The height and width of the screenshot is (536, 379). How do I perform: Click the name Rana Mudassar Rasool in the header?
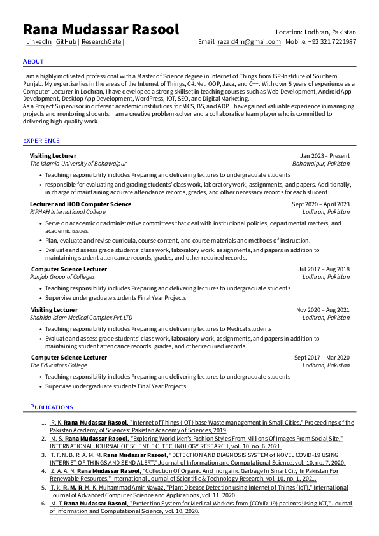point(101,29)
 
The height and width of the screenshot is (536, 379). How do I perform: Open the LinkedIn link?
point(39,42)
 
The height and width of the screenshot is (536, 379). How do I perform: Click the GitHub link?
point(66,42)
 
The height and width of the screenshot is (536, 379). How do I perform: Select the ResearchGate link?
point(101,42)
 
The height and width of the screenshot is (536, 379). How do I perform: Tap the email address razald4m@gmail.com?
point(249,42)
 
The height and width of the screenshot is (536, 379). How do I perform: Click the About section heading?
point(33,61)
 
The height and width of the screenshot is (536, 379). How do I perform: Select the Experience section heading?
point(41,140)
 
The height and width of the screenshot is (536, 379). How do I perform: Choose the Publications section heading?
point(52,407)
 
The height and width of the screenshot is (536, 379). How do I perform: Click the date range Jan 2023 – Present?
point(325,156)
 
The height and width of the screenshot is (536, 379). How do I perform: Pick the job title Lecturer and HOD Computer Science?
point(81,204)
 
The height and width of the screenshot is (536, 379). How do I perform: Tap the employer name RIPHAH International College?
point(68,212)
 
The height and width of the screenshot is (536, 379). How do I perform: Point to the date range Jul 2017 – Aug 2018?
point(324,269)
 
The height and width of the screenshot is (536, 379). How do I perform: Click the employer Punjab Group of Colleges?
point(63,277)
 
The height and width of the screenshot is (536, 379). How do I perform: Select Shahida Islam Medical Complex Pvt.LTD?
point(82,317)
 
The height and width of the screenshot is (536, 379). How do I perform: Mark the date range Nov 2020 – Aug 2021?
point(323,310)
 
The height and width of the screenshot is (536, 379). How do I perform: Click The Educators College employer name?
point(59,365)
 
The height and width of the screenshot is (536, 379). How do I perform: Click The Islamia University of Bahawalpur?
point(78,164)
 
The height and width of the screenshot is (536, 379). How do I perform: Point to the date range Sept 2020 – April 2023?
point(320,204)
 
